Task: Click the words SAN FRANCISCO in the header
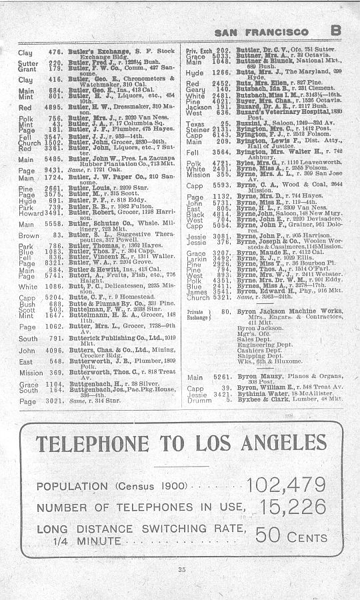point(261,32)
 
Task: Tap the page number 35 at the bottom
point(181,569)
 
